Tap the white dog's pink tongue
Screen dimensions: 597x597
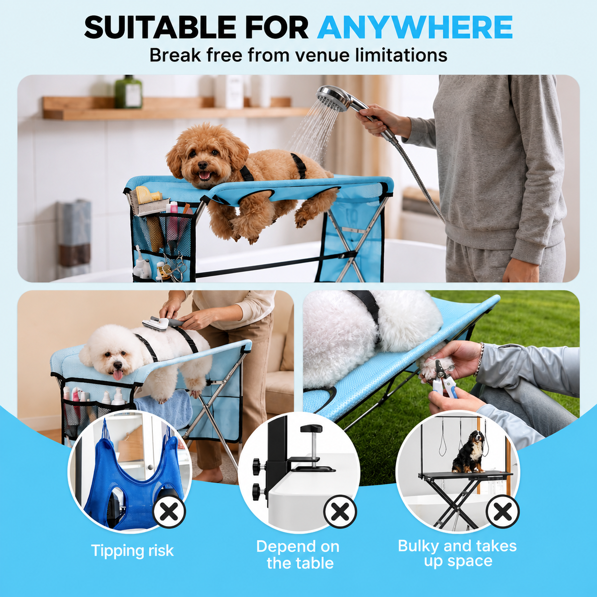[118, 375]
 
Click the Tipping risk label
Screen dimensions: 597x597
[133, 550]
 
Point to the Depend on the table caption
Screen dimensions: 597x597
[298, 555]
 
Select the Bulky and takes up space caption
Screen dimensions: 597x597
[458, 553]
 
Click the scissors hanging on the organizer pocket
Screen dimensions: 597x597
[175, 266]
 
